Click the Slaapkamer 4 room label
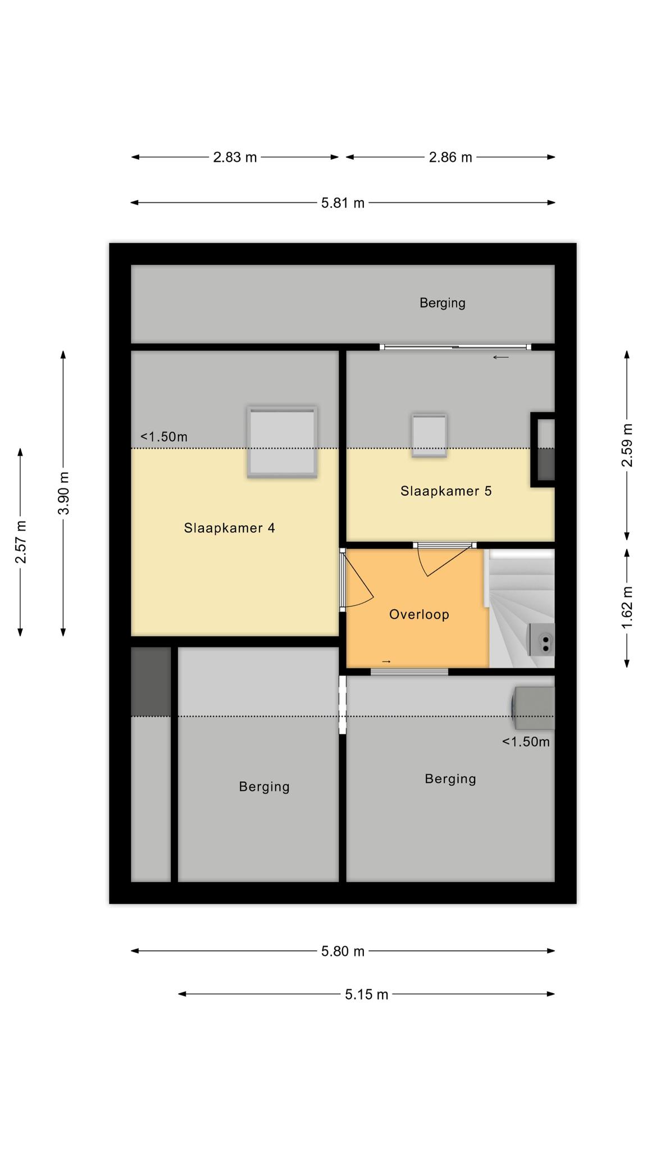point(229,528)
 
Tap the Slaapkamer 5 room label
point(446,491)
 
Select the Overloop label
point(419,614)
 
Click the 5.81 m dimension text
point(343,203)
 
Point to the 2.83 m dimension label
point(235,157)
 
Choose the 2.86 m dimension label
point(450,157)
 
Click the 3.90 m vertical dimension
point(63,493)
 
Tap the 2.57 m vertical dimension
point(21,542)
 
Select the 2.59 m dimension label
point(627,445)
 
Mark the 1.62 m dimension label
point(627,608)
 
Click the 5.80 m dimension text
point(343,951)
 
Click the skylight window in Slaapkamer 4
point(282,442)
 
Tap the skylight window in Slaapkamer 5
point(429,436)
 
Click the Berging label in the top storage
point(443,303)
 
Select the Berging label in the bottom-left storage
point(264,787)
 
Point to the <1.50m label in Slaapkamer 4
point(163,437)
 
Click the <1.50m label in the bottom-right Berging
point(526,742)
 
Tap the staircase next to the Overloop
point(522,609)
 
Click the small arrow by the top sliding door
point(500,357)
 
